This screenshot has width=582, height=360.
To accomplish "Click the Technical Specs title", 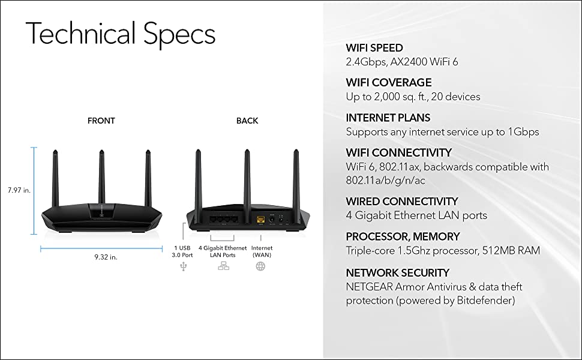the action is pyautogui.click(x=120, y=34).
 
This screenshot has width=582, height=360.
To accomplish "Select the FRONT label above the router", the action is pyautogui.click(x=101, y=121).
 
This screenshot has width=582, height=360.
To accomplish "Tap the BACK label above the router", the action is pyautogui.click(x=247, y=121).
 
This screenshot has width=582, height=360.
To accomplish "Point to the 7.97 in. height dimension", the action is pyautogui.click(x=19, y=190).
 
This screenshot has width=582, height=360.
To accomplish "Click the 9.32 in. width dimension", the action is pyautogui.click(x=106, y=257).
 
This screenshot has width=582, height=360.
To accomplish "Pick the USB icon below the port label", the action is pyautogui.click(x=183, y=266).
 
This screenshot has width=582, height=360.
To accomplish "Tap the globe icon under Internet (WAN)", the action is pyautogui.click(x=260, y=266).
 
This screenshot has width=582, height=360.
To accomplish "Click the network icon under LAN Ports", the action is pyautogui.click(x=223, y=266).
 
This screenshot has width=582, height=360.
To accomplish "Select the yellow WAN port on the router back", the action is pyautogui.click(x=261, y=220).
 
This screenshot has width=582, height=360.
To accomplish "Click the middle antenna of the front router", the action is pyautogui.click(x=101, y=174).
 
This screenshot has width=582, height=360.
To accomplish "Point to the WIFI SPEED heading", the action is pyautogui.click(x=374, y=48).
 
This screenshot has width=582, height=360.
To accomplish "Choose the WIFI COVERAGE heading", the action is pyautogui.click(x=388, y=83).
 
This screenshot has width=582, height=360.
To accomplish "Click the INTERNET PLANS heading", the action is pyautogui.click(x=388, y=118).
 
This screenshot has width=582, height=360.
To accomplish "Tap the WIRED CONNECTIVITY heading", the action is pyautogui.click(x=401, y=202).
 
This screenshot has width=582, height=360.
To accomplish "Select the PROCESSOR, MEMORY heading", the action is pyautogui.click(x=403, y=236).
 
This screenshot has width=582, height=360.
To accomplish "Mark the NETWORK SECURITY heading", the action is pyautogui.click(x=397, y=273).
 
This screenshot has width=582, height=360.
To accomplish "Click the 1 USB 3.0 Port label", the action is pyautogui.click(x=183, y=251).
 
